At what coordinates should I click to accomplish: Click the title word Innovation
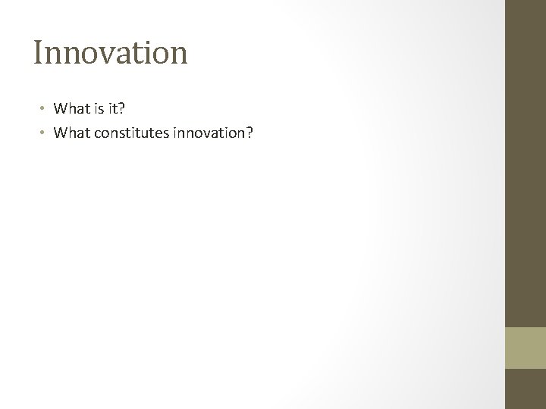(x=110, y=53)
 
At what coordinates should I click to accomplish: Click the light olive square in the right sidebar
(x=526, y=348)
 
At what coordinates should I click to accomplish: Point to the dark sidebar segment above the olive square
(x=526, y=163)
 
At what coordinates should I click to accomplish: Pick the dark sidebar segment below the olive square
(x=526, y=389)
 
